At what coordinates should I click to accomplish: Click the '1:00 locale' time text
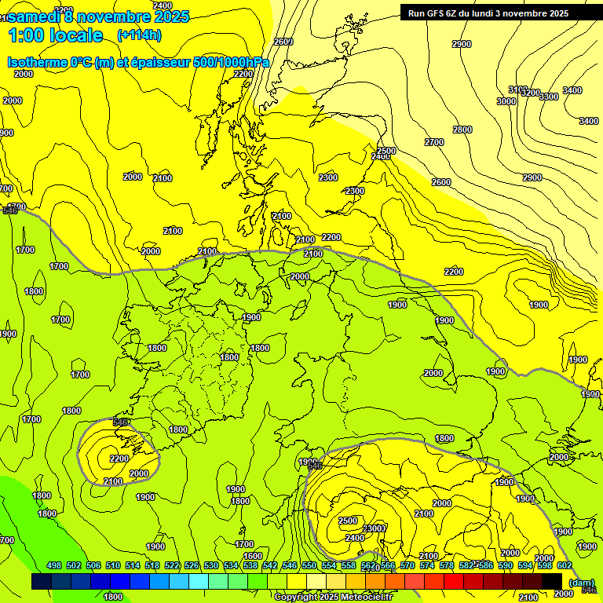point(55,35)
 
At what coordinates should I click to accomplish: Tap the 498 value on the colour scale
point(54,566)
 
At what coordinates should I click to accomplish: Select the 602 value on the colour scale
point(564,566)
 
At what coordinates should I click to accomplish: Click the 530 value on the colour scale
point(211,566)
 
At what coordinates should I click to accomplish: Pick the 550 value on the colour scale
point(309,566)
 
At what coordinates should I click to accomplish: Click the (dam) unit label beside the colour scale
point(581,583)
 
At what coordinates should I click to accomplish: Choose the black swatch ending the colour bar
point(552,581)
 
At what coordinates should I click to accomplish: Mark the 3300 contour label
point(549,97)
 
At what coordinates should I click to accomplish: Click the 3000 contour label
point(506,101)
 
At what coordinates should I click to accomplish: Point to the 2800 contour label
point(462,130)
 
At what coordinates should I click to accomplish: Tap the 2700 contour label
point(434,142)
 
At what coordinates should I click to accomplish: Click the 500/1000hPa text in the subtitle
point(236,63)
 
